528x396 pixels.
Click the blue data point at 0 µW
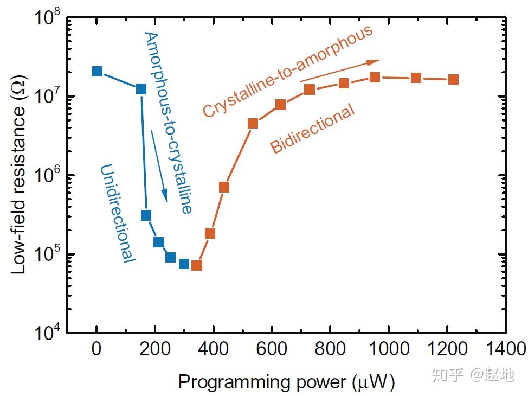tap(98, 72)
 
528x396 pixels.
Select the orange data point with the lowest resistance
tap(197, 265)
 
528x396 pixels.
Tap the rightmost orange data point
tap(453, 79)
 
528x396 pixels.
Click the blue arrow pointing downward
tap(159, 165)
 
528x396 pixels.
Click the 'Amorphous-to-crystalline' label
tap(168, 122)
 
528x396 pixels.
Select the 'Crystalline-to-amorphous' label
tap(288, 71)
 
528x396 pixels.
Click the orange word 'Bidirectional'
tap(313, 129)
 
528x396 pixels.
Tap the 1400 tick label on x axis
tap(505, 348)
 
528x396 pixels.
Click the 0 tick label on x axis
tap(96, 348)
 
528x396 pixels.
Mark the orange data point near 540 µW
tap(253, 123)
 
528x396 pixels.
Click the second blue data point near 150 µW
tap(141, 89)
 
